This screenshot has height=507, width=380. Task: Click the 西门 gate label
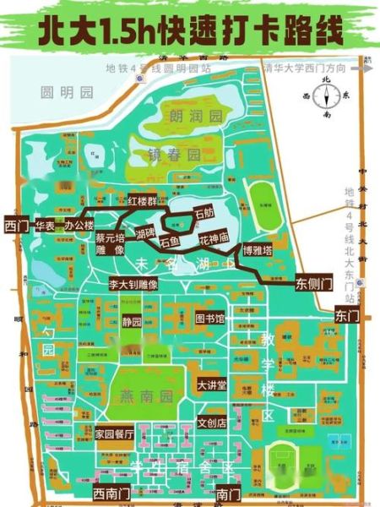(16, 226)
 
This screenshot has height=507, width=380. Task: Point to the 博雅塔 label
(257, 250)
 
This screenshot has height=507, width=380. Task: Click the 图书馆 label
(209, 319)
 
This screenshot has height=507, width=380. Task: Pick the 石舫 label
(205, 215)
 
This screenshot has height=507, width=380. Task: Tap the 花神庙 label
(214, 239)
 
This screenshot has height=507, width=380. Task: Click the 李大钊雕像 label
(133, 286)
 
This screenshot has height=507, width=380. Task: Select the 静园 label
(133, 323)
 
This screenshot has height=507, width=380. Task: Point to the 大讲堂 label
(212, 385)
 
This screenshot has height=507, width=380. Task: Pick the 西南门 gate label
(111, 492)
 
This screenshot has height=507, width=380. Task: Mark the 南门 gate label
(225, 492)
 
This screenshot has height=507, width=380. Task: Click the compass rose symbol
(326, 97)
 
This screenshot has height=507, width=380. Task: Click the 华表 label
(46, 226)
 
